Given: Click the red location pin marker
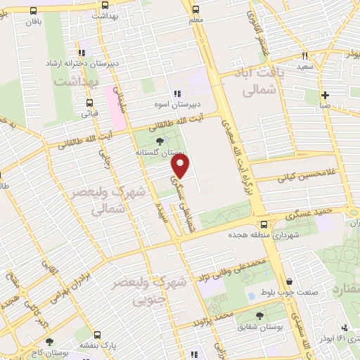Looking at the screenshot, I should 181,166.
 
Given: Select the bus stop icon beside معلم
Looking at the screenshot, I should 195,11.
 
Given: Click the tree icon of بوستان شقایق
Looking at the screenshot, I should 260,316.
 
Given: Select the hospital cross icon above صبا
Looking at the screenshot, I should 325,95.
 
